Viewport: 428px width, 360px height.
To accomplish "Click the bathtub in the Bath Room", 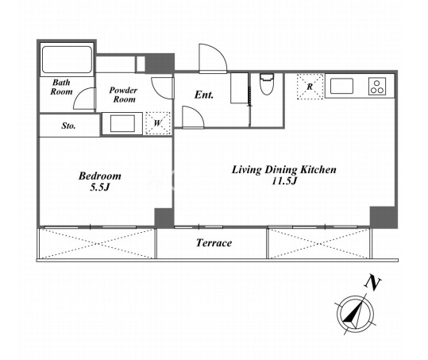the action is pyautogui.click(x=67, y=60).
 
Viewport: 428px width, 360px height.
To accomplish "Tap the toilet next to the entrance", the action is pyautogui.click(x=267, y=84).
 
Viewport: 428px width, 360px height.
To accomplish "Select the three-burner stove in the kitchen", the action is pyautogui.click(x=377, y=87).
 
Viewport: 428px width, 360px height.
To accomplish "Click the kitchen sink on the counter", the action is pyautogui.click(x=341, y=86).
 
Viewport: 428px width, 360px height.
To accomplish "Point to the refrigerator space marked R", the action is pyautogui.click(x=310, y=87).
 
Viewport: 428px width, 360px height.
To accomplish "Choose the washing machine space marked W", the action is pyautogui.click(x=158, y=123).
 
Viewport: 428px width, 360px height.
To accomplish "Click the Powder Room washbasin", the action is pyautogui.click(x=122, y=123).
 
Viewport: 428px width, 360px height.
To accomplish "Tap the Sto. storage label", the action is pyautogui.click(x=68, y=126).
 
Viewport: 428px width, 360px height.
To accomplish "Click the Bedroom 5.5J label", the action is pyautogui.click(x=99, y=181).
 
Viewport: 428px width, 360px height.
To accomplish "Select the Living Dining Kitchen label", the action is pyautogui.click(x=284, y=169).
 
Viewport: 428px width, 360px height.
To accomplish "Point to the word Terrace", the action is pyautogui.click(x=214, y=243).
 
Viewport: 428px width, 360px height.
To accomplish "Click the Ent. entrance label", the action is pyautogui.click(x=204, y=95).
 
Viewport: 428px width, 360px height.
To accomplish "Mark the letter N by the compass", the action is pyautogui.click(x=372, y=283).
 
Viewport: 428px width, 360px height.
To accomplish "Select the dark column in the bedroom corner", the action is pyautogui.click(x=164, y=218).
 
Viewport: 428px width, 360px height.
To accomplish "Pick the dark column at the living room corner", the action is pyautogui.click(x=384, y=217).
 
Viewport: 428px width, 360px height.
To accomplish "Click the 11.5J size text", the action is pyautogui.click(x=284, y=181).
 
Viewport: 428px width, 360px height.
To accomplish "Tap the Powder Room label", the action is pyautogui.click(x=123, y=95).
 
